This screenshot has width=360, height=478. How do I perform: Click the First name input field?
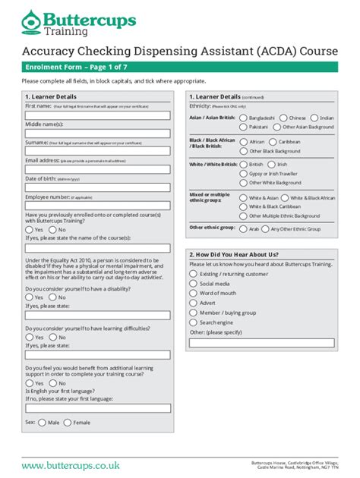click(98, 115)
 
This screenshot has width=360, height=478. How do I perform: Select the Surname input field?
click(98, 152)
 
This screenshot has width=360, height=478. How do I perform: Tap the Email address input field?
click(98, 170)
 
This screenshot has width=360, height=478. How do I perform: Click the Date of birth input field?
click(98, 188)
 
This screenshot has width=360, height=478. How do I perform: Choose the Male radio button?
click(43, 422)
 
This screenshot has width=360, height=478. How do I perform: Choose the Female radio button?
click(68, 422)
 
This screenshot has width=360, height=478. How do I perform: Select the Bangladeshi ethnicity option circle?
click(242, 118)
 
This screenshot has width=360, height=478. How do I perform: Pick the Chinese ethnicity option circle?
click(283, 118)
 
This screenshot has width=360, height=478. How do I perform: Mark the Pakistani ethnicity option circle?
click(242, 127)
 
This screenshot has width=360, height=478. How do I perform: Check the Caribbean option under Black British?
click(273, 142)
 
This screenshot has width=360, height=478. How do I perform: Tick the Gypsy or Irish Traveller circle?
click(242, 174)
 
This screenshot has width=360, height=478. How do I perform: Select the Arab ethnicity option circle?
click(242, 228)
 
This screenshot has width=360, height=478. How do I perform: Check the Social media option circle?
click(193, 283)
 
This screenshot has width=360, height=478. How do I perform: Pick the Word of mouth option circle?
click(193, 293)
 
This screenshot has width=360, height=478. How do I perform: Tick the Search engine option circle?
click(193, 322)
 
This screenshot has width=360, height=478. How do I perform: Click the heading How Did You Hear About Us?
click(235, 254)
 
